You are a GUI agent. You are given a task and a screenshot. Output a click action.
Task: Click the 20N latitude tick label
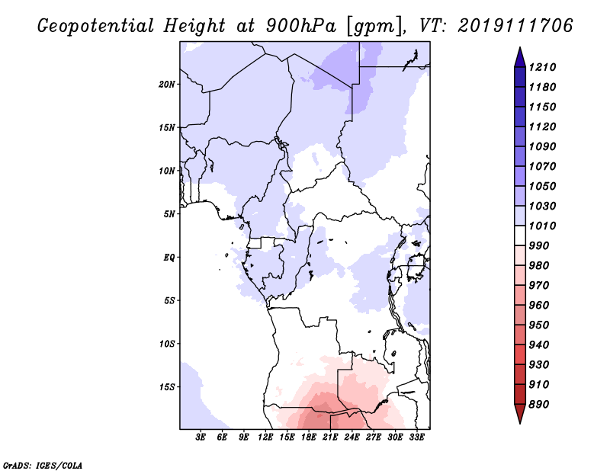[168, 84]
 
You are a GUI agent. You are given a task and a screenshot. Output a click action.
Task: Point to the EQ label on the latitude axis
[169, 258]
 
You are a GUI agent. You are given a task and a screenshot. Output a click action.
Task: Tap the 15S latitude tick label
[168, 387]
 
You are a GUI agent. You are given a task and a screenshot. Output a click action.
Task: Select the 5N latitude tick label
[169, 214]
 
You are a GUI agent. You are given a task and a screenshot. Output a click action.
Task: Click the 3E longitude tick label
[201, 437]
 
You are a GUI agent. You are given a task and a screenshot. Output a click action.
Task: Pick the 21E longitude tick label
[331, 437]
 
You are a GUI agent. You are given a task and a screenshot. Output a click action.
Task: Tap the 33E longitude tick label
[417, 437]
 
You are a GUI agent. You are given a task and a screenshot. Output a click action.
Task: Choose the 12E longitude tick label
[265, 437]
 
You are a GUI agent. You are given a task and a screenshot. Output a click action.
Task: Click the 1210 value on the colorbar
[544, 68]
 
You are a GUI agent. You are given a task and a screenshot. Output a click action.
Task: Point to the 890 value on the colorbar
[541, 405]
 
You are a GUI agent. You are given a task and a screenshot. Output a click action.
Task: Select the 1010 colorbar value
[544, 226]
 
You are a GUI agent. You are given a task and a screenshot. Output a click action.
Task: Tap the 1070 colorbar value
[544, 167]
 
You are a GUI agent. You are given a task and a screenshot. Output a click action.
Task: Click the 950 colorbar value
[541, 325]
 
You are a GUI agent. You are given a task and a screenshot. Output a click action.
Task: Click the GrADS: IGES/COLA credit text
[43, 464]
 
